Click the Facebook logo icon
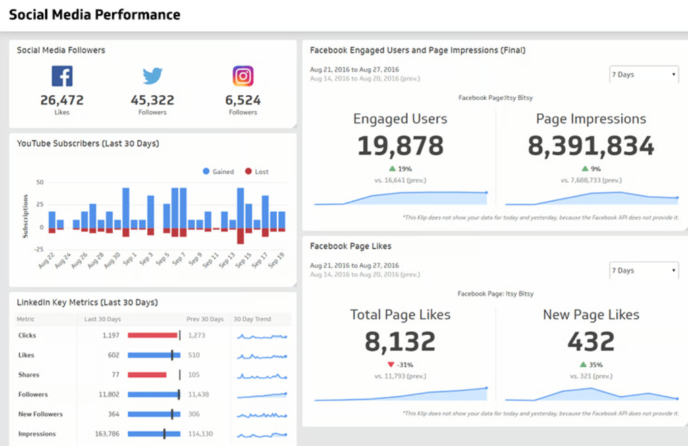62,76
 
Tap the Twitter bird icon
153,76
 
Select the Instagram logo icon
243,76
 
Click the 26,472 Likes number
62,101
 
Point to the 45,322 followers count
153,101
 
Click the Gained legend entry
218,172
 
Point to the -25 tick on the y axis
39,250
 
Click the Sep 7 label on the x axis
178,260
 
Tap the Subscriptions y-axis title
26,216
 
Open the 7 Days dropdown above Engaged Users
643,75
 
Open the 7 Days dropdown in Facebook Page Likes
643,271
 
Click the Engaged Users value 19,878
400,146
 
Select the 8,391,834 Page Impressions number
591,146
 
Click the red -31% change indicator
400,365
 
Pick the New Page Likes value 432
591,341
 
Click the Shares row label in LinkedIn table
29,375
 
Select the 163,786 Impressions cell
107,434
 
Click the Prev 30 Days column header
205,319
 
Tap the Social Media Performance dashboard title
95,14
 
